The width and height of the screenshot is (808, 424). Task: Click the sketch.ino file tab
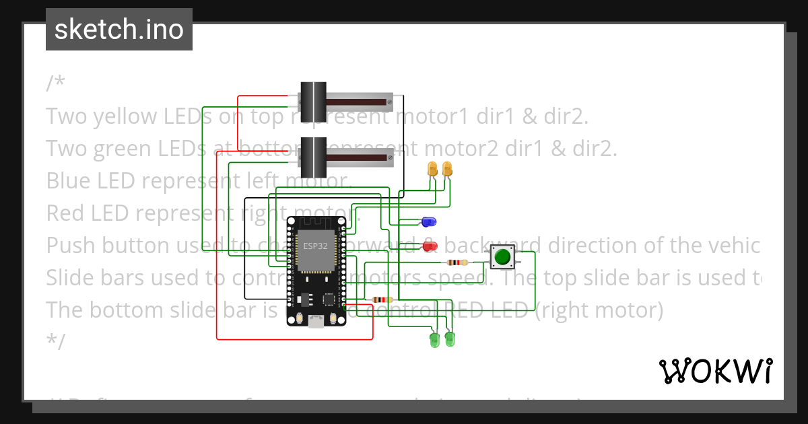(119, 30)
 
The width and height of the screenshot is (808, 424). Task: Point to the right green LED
(449, 339)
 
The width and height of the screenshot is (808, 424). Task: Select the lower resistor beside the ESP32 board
(381, 300)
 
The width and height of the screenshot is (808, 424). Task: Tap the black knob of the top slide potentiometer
(312, 101)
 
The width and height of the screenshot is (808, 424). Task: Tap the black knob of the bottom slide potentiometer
(312, 156)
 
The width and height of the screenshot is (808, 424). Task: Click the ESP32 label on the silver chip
(315, 246)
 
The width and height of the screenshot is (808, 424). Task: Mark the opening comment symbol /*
(56, 84)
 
